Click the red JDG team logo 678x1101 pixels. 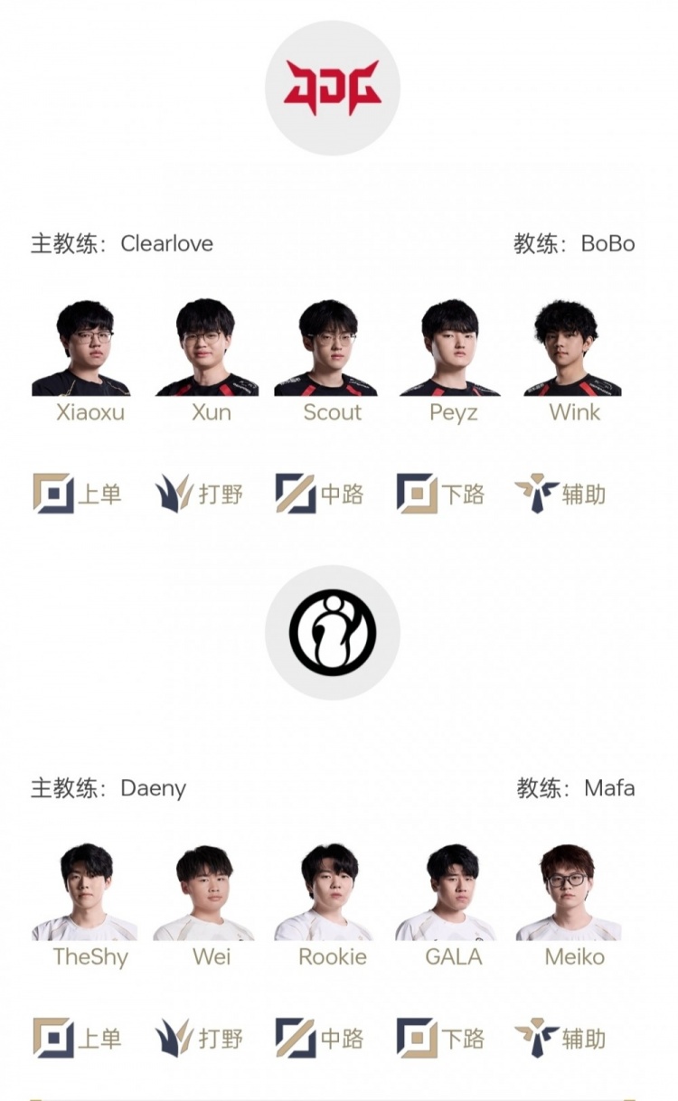(333, 88)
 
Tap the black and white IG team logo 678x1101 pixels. (333, 632)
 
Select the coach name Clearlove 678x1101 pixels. (167, 244)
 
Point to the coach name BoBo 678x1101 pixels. (608, 244)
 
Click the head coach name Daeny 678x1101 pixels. (154, 789)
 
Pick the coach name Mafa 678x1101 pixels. (609, 788)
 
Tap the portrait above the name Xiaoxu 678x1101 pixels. (82, 348)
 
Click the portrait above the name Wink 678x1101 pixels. (572, 347)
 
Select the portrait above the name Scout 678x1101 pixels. (326, 348)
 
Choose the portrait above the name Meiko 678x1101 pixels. (569, 892)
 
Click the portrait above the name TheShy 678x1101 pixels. (85, 892)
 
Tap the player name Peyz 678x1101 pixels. (453, 413)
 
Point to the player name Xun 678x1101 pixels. (212, 412)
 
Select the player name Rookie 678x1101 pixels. (333, 957)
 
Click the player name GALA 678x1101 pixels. (453, 957)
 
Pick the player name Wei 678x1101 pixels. (212, 957)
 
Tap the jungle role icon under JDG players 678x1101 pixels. (173, 493)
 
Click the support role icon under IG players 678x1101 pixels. (536, 1038)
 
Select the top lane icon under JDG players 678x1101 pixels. (53, 494)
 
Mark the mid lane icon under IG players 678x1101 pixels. (296, 1038)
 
